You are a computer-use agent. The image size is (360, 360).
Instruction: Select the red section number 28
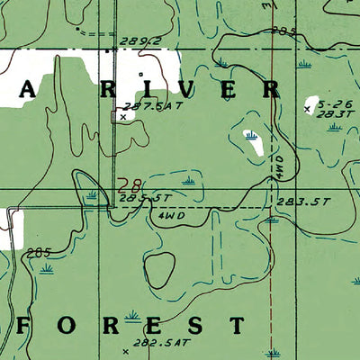click(x=128, y=186)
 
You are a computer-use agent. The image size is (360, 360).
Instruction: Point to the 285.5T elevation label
click(x=145, y=197)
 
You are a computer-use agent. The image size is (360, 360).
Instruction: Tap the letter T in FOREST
click(x=237, y=325)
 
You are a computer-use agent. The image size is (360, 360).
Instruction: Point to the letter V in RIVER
click(x=185, y=90)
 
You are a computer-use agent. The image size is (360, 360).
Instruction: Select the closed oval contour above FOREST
click(x=160, y=267)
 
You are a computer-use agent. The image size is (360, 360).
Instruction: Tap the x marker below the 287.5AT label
click(x=123, y=116)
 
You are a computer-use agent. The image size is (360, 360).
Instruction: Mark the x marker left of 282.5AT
click(x=125, y=352)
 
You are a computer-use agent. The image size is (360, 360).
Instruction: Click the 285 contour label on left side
click(x=35, y=251)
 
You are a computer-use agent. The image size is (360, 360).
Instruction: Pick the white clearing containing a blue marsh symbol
click(x=251, y=140)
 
